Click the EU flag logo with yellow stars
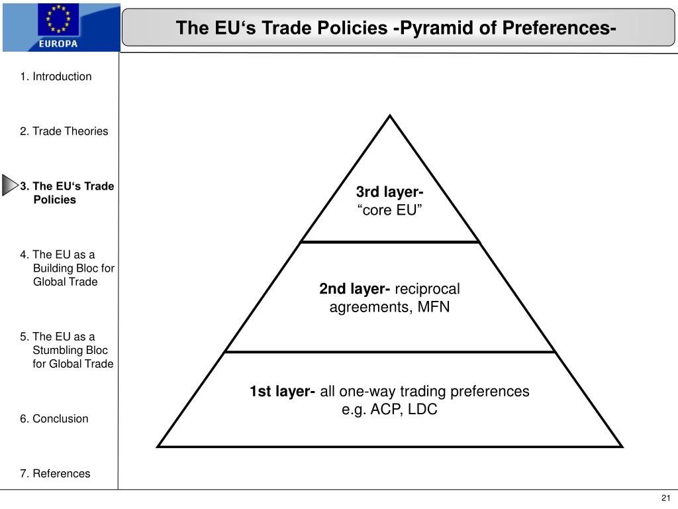tap(58, 20)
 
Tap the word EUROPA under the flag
tap(58, 44)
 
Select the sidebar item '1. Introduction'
tap(56, 76)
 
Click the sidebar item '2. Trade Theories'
tap(64, 131)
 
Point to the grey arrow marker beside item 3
tap(9, 186)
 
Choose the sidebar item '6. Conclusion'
tap(54, 418)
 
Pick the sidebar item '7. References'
tap(55, 473)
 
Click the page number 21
tap(665, 498)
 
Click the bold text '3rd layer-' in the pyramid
tap(390, 192)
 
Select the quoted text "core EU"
tap(390, 211)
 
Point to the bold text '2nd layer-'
tap(354, 289)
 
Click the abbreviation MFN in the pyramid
tap(434, 308)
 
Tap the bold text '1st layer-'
tap(283, 391)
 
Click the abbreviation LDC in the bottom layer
tap(422, 410)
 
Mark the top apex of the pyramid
tap(390, 117)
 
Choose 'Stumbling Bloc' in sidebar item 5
tap(70, 350)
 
